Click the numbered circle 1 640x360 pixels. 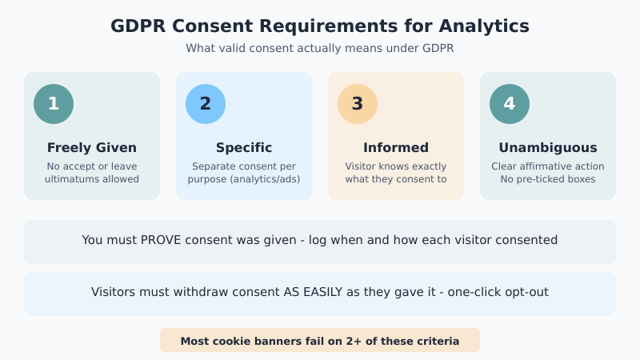pos(54,104)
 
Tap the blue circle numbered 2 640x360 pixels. pos(206,104)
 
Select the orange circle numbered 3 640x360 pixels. pos(358,104)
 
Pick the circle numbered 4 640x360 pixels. pos(510,104)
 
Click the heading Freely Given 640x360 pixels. pos(92,148)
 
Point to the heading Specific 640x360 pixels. pos(244,148)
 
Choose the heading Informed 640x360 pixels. pos(396,148)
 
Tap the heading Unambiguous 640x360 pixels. pos(548,148)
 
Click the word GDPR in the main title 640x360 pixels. pos(138,26)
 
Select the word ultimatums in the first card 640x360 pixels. pos(72,179)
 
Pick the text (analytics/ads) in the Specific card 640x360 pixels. pos(266,179)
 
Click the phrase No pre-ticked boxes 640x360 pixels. pos(548,179)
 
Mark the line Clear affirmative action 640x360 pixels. pos(548,166)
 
